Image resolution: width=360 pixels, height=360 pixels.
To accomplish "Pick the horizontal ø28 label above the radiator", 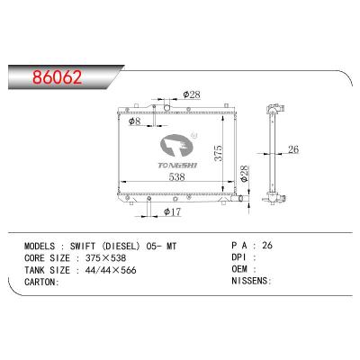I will point(191,93).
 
